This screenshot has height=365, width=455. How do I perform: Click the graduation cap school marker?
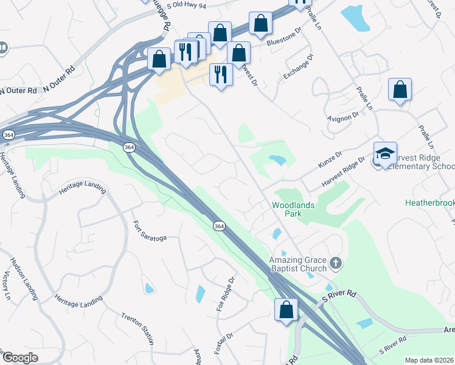click(385, 154)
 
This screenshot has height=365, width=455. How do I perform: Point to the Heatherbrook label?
click(429, 201)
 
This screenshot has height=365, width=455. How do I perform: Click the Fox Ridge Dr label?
click(224, 295)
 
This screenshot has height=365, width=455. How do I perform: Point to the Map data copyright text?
click(429, 360)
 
